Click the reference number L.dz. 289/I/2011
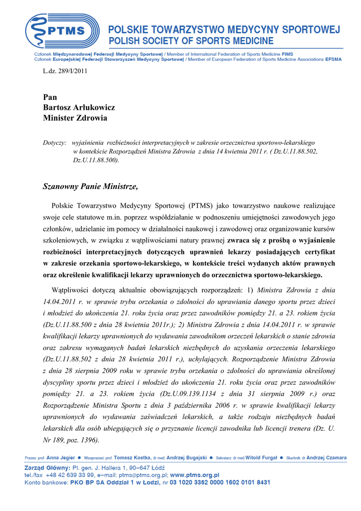point(65,71)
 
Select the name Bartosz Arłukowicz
point(79,107)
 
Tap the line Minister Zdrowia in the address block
point(75,118)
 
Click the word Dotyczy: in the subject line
point(55,143)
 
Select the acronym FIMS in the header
point(287,54)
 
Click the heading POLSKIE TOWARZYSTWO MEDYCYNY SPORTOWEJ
point(224,30)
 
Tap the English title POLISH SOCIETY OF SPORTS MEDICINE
point(191,41)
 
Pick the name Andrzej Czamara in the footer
point(327,458)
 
